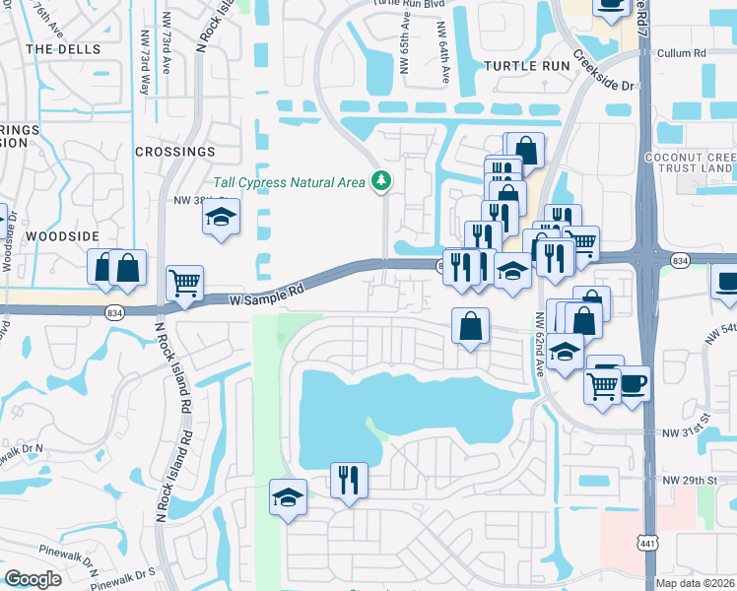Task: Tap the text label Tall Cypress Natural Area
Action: click(290, 182)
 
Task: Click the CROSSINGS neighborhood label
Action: click(174, 152)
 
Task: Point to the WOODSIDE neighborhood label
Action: click(62, 236)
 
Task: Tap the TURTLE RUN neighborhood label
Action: click(527, 65)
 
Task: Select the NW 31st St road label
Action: click(687, 432)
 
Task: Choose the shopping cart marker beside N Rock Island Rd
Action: click(184, 283)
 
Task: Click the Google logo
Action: click(33, 578)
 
